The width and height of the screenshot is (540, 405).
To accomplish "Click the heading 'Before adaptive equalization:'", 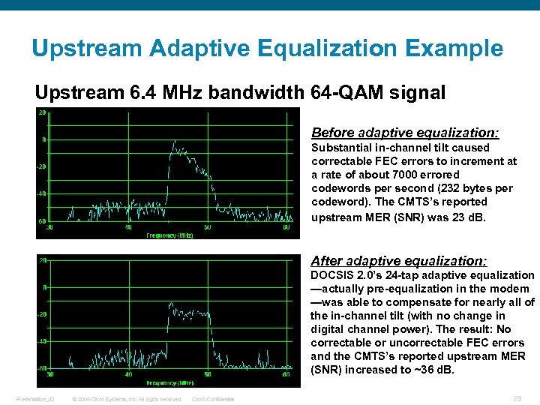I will click(405, 133).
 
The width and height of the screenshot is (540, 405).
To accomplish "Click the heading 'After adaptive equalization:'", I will click(399, 261).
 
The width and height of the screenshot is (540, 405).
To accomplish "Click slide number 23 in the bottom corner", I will click(517, 398).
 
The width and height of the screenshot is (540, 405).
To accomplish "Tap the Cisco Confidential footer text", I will click(213, 399).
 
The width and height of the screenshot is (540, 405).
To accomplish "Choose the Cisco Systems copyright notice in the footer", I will click(127, 399).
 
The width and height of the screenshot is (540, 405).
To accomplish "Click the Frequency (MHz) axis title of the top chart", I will click(170, 235).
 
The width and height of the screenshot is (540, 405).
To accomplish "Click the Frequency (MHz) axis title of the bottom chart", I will click(169, 382).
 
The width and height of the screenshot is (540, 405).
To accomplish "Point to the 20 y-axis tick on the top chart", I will click(43, 112).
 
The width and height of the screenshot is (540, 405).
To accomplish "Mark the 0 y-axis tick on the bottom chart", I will click(45, 287).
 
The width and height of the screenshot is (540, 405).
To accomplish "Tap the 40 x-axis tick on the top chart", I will click(128, 227).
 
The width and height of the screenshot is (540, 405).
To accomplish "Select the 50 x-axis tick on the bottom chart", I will click(207, 374).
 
